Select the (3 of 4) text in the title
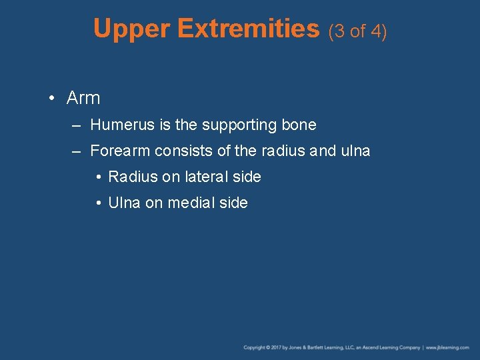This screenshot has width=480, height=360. pos(357,31)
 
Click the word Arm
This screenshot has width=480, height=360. pos(83,98)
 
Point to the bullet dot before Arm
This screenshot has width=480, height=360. pos(51,99)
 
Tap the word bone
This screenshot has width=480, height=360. pos(299,125)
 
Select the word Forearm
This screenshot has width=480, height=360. pos(120,151)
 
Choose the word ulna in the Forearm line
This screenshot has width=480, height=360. pos(354,151)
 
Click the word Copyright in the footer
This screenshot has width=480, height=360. pos(255,347)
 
